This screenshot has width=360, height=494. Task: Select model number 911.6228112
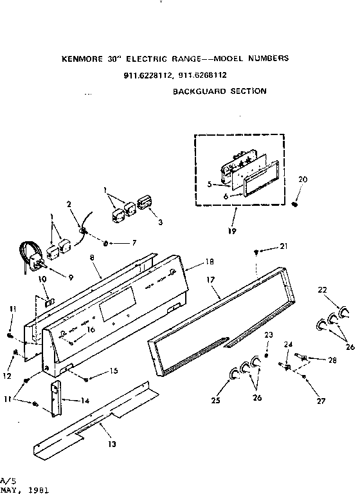click(x=148, y=75)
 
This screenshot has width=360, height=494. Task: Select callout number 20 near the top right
click(x=303, y=179)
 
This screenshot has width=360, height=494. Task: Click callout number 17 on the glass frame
click(x=210, y=280)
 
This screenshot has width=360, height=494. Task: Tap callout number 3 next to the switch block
click(x=159, y=222)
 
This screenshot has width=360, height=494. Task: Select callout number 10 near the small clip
click(x=43, y=279)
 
